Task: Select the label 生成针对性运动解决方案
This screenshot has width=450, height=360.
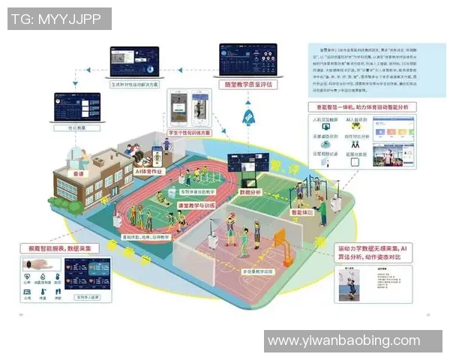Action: click(135, 85)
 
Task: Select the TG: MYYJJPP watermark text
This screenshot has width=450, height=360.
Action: click(58, 19)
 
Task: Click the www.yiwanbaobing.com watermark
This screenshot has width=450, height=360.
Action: click(352, 341)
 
